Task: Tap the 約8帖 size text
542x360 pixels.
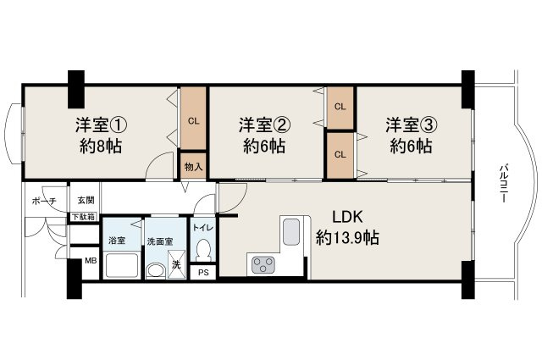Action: click(99, 146)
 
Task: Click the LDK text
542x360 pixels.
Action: click(346, 216)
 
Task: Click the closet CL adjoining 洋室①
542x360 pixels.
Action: click(193, 119)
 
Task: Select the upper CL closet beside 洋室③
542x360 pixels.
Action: click(340, 107)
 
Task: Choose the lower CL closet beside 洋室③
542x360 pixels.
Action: click(340, 154)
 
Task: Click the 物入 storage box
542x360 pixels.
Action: click(193, 166)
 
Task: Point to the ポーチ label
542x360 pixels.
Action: click(43, 201)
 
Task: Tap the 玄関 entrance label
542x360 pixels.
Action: click(86, 201)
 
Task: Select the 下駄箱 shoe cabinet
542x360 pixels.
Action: click(83, 217)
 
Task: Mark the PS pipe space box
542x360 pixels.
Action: click(203, 272)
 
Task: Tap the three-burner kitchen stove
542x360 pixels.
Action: click(263, 265)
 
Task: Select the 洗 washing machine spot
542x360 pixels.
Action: click(176, 265)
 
